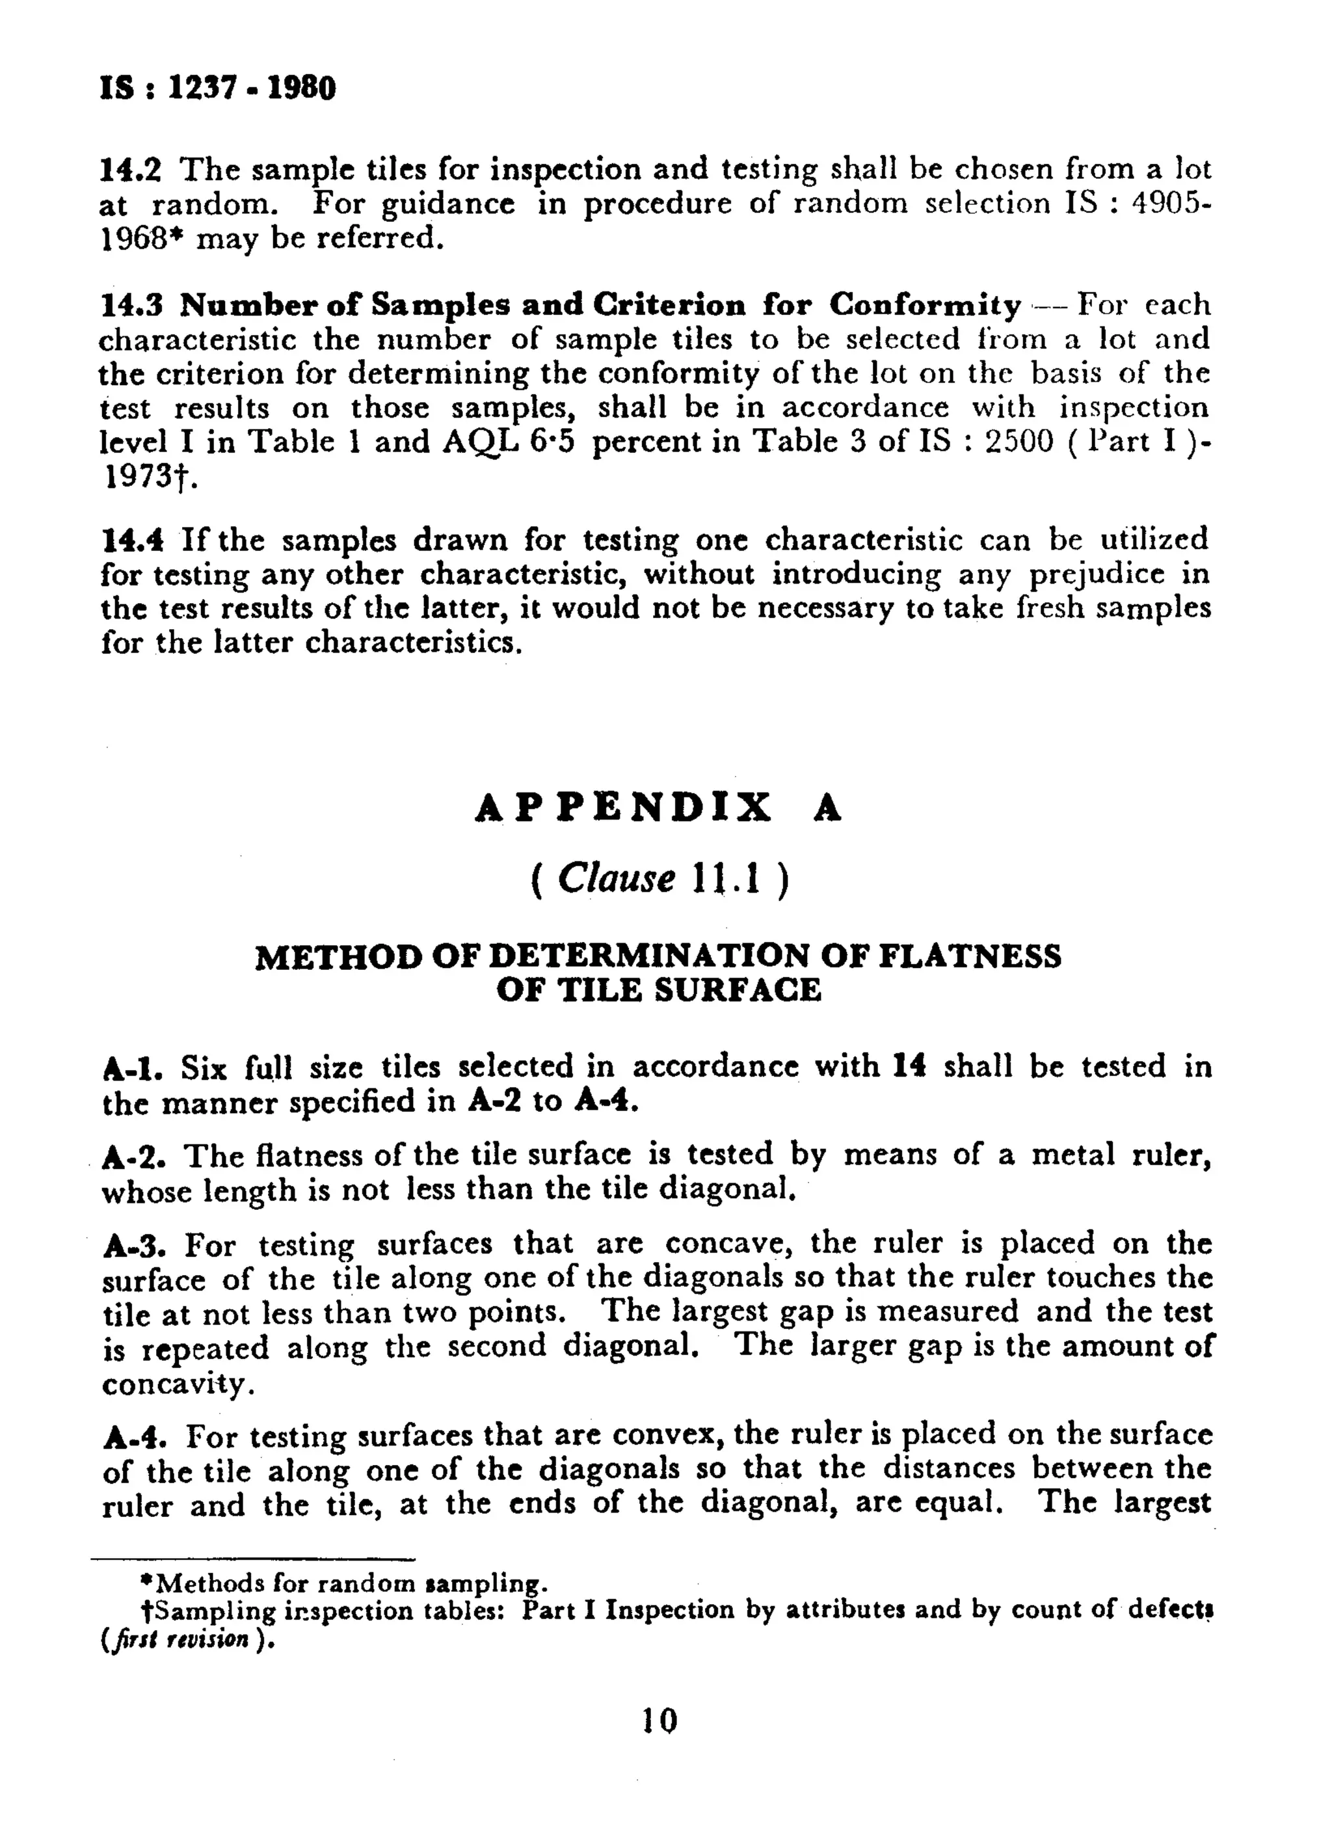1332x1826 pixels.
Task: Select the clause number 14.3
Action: [x=131, y=305]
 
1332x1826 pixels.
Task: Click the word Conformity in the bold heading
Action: [x=925, y=305]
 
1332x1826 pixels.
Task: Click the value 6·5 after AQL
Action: [x=552, y=441]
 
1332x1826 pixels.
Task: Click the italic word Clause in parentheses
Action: [x=616, y=879]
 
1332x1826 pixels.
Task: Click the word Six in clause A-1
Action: [x=203, y=1068]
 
